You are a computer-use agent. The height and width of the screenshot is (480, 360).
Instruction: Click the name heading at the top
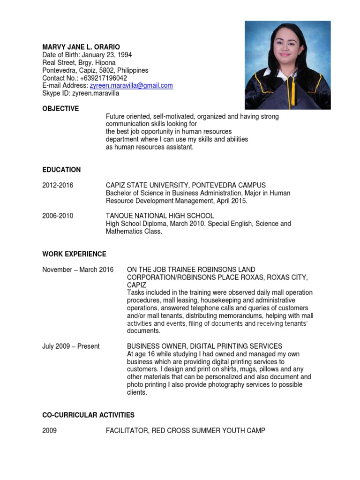[81, 47]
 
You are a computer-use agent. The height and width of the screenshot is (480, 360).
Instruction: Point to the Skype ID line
[81, 93]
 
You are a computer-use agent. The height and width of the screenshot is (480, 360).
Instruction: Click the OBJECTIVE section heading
[60, 109]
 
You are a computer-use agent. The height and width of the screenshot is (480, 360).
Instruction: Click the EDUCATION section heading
[61, 170]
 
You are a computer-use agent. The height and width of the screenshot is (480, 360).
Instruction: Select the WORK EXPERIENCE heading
[74, 254]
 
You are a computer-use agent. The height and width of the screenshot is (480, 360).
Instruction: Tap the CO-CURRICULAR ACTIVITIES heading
[88, 415]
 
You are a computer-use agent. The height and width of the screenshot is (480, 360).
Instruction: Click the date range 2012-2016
[58, 185]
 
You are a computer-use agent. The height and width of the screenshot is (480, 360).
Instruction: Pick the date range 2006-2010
[58, 216]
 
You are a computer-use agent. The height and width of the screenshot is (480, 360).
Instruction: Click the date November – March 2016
[78, 270]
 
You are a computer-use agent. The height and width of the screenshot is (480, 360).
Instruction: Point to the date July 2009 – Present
[71, 346]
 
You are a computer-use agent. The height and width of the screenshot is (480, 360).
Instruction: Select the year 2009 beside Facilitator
[50, 430]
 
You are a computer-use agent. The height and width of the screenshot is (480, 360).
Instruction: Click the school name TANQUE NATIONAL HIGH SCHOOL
[160, 216]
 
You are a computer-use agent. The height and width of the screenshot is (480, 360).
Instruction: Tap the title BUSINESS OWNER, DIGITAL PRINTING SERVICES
[204, 346]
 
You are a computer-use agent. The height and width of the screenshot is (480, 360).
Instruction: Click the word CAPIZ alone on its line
[136, 285]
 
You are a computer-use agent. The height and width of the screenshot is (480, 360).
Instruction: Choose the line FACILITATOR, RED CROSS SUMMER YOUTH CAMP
[185, 430]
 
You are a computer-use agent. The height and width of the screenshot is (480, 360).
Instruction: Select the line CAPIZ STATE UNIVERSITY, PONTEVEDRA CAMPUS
[186, 185]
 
